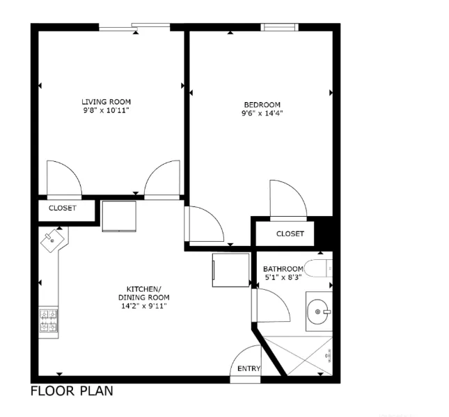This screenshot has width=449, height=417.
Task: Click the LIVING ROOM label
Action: click(106, 101)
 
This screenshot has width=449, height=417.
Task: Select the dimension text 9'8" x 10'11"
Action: click(106, 110)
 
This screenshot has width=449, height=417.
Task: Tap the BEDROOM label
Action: click(262, 105)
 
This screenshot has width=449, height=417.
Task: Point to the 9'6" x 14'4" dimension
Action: click(262, 113)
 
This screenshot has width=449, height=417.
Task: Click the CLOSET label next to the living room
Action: click(63, 208)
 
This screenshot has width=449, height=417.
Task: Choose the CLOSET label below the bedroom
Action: click(290, 234)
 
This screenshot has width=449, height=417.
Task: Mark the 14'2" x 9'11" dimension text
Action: click(144, 305)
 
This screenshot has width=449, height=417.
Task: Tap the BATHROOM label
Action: click(283, 269)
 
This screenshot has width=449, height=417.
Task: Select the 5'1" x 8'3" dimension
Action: click(283, 278)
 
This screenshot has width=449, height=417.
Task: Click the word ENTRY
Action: click(249, 368)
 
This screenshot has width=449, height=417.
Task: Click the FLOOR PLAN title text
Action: click(72, 391)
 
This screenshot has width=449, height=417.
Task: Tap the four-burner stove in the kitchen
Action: click(49, 321)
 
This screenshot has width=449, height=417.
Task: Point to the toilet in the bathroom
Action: click(322, 268)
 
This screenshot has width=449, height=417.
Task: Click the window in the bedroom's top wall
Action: click(279, 27)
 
